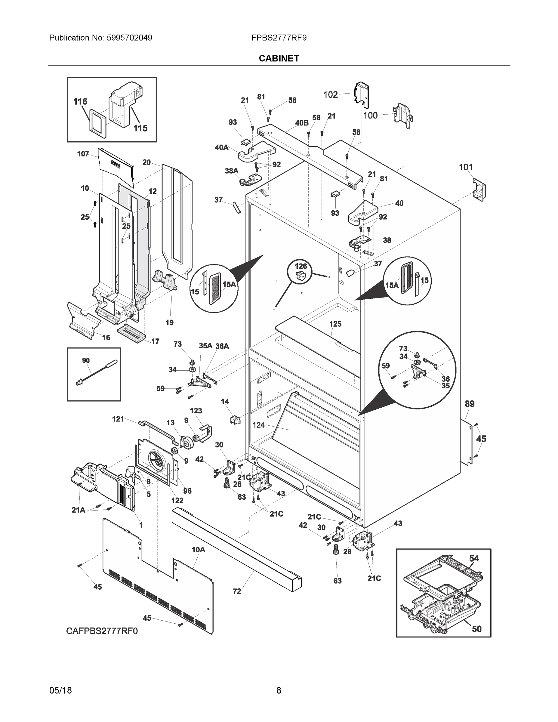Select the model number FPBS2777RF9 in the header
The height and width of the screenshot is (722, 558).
click(279, 38)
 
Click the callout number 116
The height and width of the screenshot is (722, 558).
click(80, 101)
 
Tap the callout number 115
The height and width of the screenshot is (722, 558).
click(140, 128)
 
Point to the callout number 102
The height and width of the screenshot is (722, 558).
click(330, 95)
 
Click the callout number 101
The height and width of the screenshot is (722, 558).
click(465, 167)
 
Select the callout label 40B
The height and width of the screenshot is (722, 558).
click(301, 123)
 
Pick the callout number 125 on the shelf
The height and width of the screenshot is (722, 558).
click(335, 324)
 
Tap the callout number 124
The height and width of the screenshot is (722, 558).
click(258, 425)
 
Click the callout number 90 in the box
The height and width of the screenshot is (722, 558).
click(86, 360)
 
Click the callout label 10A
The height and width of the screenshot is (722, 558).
click(198, 549)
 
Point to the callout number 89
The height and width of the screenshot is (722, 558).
click(469, 404)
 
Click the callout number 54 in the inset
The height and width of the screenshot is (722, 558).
click(474, 558)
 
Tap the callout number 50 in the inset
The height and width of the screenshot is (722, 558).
click(476, 629)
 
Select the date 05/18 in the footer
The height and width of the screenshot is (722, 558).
click(60, 691)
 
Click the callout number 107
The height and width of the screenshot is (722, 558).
click(83, 154)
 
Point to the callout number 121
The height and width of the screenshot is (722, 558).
click(118, 419)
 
